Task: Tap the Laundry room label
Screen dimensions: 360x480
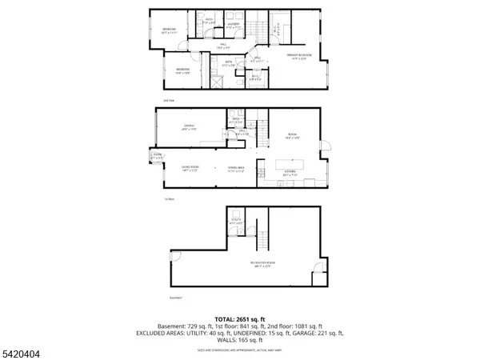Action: (x=234, y=25)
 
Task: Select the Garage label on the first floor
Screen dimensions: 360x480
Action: (x=190, y=126)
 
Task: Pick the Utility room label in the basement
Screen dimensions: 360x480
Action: (x=236, y=222)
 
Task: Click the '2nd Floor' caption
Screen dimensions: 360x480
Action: (x=168, y=101)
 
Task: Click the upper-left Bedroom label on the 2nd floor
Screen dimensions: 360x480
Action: (x=169, y=31)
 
